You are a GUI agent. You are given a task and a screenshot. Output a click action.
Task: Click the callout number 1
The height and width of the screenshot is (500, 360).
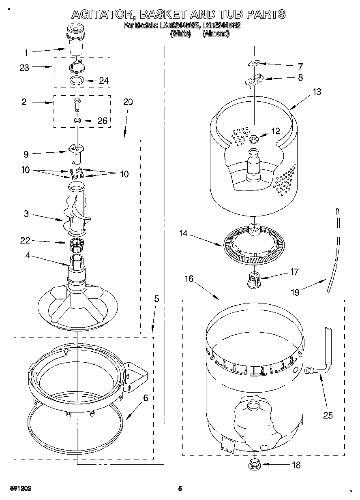(26, 52)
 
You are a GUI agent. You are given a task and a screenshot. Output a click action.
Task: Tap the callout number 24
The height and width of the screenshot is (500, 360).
(104, 81)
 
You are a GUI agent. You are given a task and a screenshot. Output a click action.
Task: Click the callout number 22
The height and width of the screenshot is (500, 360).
(26, 241)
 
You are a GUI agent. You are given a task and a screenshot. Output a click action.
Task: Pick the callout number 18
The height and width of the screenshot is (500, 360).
(296, 465)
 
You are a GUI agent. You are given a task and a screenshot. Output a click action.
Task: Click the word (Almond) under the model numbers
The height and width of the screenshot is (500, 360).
(216, 34)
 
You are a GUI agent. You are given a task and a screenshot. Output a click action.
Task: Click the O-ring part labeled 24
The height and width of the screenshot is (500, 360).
(77, 80)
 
